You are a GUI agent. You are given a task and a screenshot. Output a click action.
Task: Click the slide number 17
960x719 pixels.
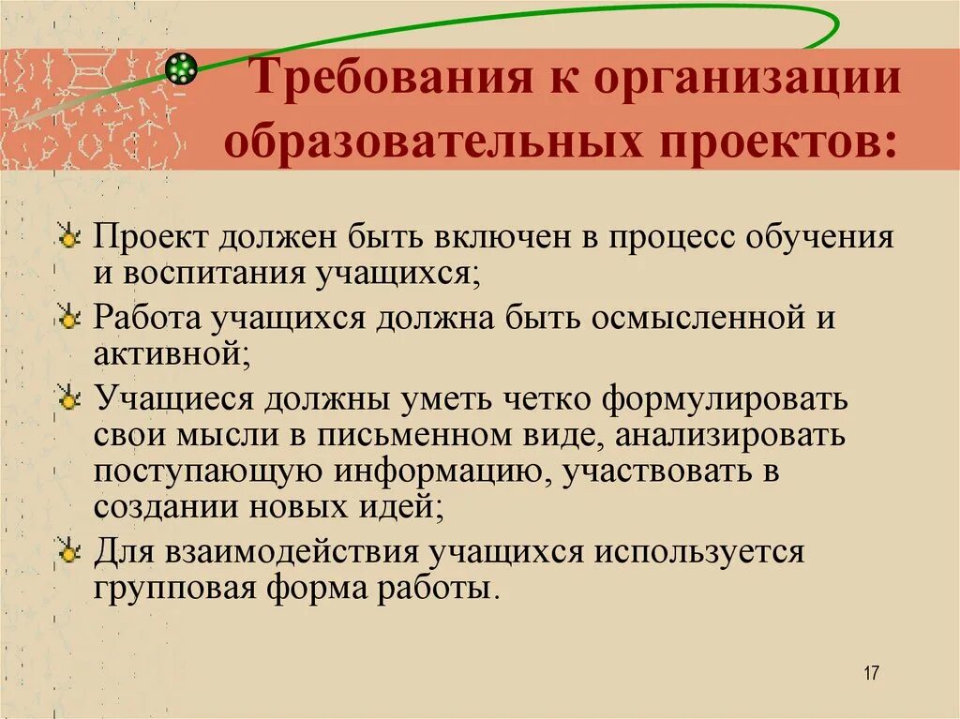(x=871, y=673)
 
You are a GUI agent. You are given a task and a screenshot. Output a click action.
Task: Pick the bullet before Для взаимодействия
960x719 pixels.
(x=68, y=554)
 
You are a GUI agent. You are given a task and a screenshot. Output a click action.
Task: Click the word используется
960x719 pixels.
(x=697, y=552)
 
